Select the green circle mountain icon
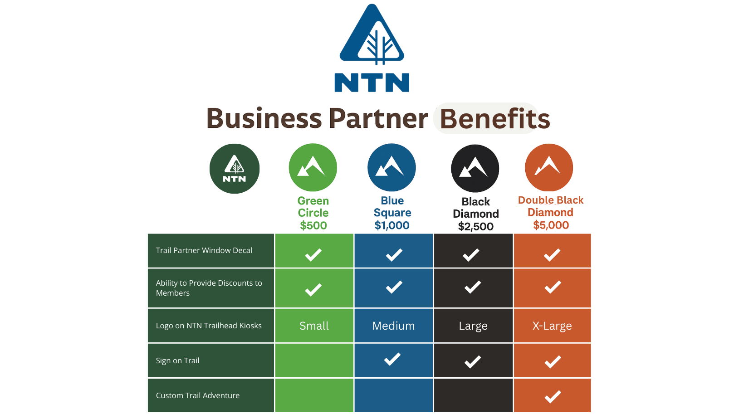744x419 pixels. [313, 166]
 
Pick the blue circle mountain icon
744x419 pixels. [391, 166]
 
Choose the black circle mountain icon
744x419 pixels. [475, 168]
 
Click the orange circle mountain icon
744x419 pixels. [548, 167]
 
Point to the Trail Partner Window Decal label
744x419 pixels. [204, 250]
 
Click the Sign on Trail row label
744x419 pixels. [177, 361]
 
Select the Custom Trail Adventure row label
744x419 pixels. [198, 395]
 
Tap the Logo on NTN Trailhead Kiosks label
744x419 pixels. [209, 326]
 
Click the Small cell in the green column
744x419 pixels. [314, 326]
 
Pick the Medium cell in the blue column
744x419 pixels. [393, 326]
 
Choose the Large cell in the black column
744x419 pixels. [473, 326]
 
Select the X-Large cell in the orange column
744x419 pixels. [552, 326]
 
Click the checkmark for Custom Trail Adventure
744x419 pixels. [553, 396]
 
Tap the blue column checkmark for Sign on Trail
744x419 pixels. [392, 359]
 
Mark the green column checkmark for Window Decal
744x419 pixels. [313, 255]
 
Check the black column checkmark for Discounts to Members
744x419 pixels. [473, 287]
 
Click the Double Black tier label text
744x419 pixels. [551, 200]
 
